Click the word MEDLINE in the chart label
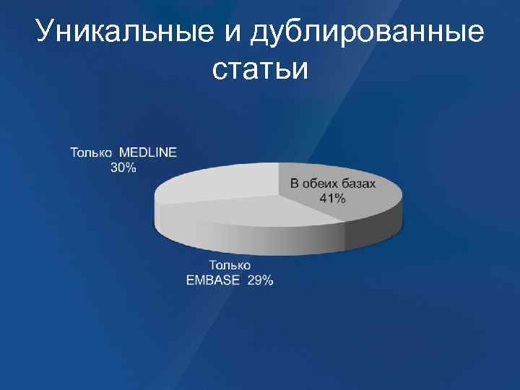(147, 152)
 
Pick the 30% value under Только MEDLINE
(123, 167)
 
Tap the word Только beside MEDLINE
(92, 152)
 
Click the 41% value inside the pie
(333, 198)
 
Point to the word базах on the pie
(359, 184)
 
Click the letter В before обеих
(294, 184)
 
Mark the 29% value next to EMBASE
(260, 280)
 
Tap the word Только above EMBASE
(230, 266)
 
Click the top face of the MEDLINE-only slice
(217, 181)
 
